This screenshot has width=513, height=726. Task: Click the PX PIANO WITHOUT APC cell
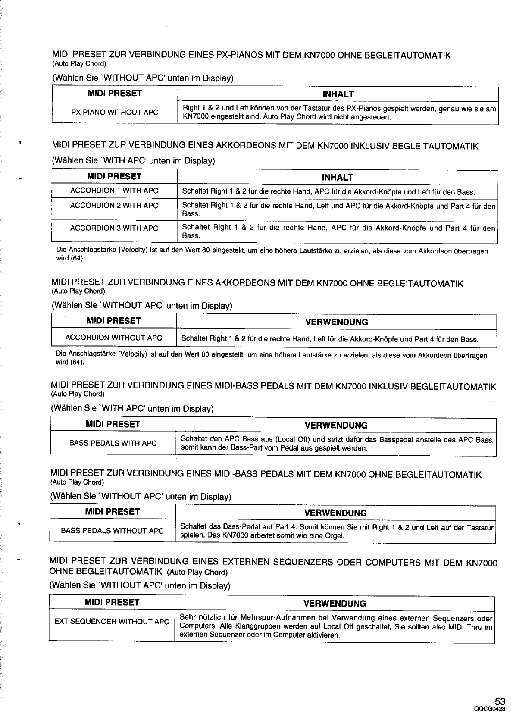[115, 113]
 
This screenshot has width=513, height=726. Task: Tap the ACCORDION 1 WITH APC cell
[114, 191]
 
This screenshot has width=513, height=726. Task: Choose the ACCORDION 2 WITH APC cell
[114, 206]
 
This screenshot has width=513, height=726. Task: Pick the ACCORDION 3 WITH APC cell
[114, 228]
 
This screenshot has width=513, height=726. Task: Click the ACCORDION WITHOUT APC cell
[114, 338]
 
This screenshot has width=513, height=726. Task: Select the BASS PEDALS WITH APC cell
[113, 443]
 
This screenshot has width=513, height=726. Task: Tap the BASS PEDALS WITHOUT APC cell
[113, 531]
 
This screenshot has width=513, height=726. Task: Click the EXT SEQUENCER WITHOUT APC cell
[112, 621]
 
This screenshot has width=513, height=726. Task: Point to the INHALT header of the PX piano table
[338, 94]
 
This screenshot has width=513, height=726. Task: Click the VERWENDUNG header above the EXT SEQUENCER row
[335, 604]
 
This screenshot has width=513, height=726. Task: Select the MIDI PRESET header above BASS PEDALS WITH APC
[113, 424]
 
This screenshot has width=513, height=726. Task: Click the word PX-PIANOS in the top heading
[239, 56]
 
